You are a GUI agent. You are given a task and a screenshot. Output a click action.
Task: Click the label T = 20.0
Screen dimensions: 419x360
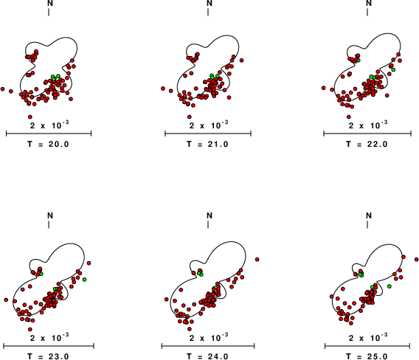49,145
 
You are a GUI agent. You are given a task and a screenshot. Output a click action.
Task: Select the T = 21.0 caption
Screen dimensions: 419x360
207,145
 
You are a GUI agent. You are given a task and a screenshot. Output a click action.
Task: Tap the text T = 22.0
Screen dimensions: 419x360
367,145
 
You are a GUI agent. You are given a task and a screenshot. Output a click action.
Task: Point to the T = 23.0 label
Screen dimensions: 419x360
49,356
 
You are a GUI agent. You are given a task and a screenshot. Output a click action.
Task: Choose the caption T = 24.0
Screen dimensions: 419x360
207,356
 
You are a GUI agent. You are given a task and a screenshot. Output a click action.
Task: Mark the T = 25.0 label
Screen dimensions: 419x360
367,356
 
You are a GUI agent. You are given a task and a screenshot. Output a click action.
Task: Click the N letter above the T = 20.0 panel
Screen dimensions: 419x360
50,3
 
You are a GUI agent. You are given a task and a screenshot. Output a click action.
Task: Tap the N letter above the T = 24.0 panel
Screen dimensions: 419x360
209,215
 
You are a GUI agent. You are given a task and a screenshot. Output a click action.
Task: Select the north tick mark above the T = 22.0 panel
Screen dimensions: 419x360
367,12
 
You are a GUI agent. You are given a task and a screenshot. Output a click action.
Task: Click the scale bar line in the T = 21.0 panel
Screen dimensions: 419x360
208,134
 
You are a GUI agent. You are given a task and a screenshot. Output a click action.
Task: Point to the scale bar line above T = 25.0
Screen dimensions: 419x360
367,346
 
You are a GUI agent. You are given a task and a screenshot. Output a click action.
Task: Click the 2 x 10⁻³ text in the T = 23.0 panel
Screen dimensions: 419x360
49,337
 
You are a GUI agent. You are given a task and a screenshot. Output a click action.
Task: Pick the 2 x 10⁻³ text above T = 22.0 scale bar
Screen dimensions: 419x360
368,125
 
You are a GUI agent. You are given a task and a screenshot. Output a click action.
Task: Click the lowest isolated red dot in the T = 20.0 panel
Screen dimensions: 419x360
30,117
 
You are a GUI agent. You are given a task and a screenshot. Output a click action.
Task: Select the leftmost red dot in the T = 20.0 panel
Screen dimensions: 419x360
3,89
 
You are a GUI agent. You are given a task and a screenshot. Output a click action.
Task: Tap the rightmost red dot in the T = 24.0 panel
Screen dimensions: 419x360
257,259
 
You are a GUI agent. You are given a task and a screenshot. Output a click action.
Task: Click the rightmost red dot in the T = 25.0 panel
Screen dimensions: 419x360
416,259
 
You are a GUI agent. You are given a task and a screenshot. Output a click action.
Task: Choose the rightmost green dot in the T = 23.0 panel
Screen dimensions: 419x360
84,280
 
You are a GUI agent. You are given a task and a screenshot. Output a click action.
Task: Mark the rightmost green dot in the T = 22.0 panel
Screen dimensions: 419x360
393,70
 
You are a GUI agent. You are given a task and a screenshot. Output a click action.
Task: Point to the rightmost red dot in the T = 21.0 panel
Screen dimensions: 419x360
241,60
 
